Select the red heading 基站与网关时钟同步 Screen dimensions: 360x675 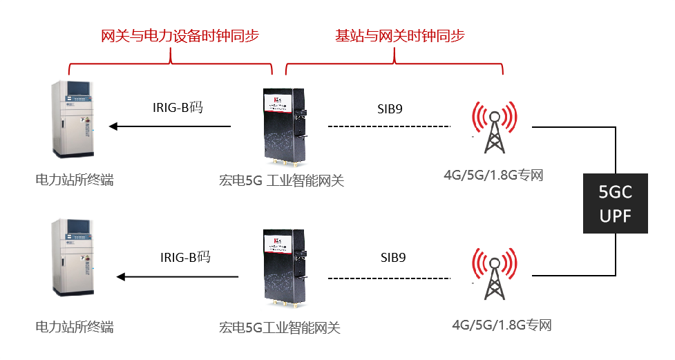click(394, 36)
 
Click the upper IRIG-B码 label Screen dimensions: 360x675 click(178, 107)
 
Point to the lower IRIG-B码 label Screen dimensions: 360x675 click(184, 258)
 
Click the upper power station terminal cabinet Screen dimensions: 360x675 click(75, 121)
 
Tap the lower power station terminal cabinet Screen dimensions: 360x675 click(75, 266)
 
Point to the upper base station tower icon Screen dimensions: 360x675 click(493, 128)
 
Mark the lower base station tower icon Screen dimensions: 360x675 click(493, 274)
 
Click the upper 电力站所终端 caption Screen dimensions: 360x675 click(74, 180)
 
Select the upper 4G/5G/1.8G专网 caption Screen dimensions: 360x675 click(493, 175)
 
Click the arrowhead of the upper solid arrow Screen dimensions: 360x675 click(114, 126)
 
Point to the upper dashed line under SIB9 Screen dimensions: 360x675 click(389, 126)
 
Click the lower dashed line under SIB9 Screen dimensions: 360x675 click(389, 278)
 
